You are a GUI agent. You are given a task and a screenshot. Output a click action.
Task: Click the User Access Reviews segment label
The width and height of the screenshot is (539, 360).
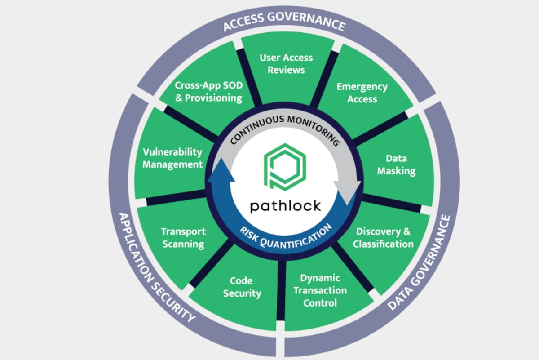286,64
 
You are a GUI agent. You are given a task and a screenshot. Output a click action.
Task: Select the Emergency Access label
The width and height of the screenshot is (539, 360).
362,93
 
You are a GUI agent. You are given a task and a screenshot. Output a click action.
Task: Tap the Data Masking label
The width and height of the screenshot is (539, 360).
396,164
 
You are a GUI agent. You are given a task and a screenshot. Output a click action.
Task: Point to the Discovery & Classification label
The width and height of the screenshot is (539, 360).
383,238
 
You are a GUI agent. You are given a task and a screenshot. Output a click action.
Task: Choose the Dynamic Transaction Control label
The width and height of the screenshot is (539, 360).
320,290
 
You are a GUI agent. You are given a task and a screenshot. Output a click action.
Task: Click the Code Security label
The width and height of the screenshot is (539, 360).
242,287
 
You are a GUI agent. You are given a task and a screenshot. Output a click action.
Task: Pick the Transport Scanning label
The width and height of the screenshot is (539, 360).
183,238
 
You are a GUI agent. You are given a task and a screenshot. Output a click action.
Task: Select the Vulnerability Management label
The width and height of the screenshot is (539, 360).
172,158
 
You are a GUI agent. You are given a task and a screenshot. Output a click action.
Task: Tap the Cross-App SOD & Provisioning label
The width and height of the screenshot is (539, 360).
208,92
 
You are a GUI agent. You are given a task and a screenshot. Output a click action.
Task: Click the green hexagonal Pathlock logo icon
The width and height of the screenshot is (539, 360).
285,167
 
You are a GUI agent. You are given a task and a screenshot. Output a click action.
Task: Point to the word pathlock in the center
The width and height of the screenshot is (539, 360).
285,206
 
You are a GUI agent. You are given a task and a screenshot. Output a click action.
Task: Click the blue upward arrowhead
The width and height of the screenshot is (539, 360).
221,170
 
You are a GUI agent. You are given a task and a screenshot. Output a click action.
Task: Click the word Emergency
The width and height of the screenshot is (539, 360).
362,87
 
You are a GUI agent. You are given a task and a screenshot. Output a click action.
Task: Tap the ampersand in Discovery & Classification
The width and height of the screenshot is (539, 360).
406,231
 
